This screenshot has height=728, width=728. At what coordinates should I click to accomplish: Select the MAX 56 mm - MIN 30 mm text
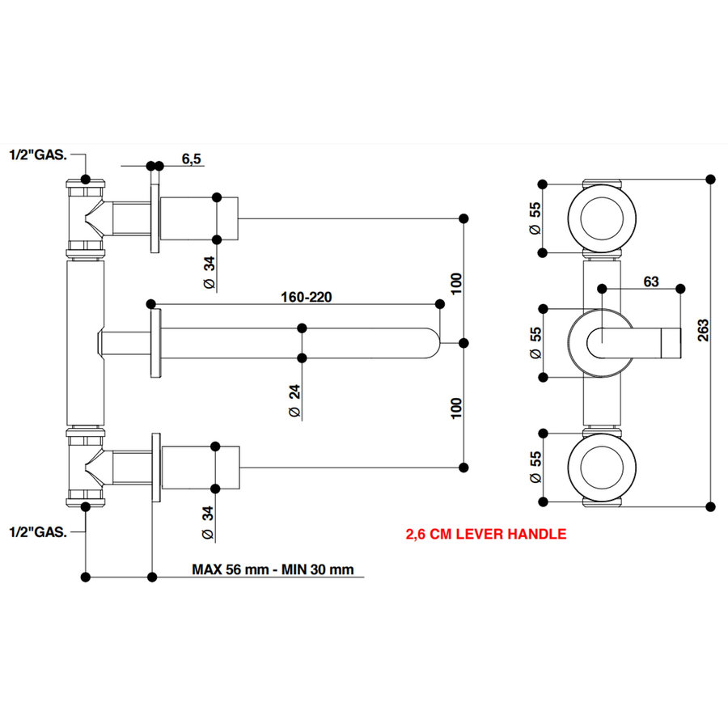click(x=273, y=569)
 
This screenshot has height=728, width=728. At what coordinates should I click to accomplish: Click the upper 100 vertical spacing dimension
click(x=456, y=282)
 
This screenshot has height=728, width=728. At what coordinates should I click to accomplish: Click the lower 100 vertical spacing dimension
click(x=456, y=407)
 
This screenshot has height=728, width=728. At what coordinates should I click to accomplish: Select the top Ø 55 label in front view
click(x=535, y=218)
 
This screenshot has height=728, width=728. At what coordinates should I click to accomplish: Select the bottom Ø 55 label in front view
click(x=535, y=468)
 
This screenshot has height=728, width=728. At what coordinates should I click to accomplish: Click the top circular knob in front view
click(x=602, y=217)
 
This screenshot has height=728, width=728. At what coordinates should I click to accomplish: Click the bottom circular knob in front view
click(x=602, y=467)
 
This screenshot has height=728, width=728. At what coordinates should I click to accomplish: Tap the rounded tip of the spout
click(x=435, y=343)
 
